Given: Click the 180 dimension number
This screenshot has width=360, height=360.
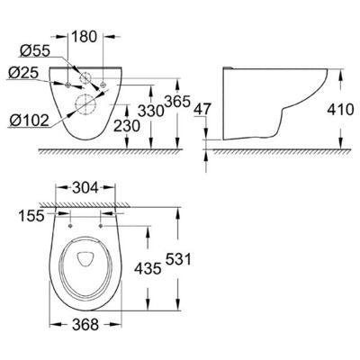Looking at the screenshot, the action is coord(85,37).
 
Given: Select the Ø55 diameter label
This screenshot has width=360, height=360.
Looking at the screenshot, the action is coord(34,51).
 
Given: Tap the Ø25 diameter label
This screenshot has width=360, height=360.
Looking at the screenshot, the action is coord(23,73).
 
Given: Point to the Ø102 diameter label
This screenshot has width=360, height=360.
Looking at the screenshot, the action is coord(29,121).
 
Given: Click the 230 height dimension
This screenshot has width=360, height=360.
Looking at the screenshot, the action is coord(127,126).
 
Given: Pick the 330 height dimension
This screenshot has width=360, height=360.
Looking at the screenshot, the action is coord(151,111).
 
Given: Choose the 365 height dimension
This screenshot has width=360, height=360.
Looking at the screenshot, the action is coord(177,102).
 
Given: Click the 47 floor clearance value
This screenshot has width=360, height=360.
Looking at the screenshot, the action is coord(203,109).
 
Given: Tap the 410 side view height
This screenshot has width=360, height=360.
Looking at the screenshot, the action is coord(340,110).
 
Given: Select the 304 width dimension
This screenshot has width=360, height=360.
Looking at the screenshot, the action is coord(85,188).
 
